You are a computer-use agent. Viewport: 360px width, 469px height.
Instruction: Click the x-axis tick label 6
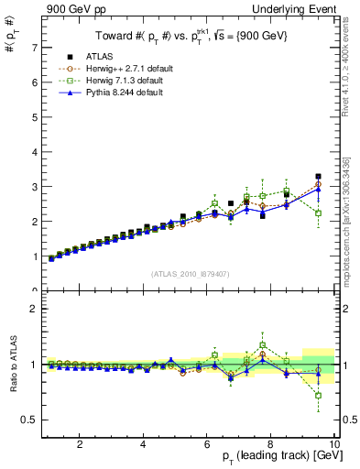[x=207, y=445]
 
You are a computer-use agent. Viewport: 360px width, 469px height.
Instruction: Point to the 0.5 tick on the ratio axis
[x=29, y=420]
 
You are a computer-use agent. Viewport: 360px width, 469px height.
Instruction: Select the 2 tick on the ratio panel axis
[x=33, y=309]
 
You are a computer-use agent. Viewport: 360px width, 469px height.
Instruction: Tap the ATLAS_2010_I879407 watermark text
[x=189, y=274]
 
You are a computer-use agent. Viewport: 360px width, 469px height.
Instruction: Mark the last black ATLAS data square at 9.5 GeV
[x=318, y=176]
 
